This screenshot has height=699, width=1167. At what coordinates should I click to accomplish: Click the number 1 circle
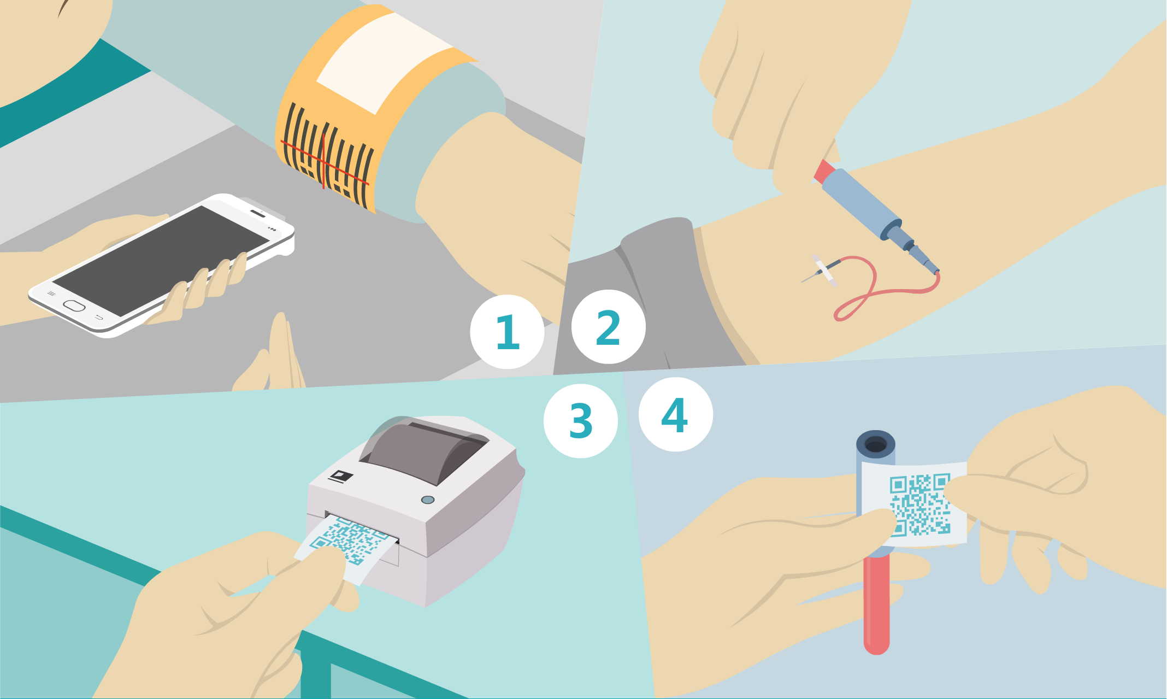point(507,332)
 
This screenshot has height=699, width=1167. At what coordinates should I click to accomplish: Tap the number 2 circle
point(609,327)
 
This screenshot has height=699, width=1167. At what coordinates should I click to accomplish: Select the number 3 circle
point(581,421)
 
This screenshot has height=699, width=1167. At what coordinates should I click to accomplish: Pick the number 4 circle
point(676,414)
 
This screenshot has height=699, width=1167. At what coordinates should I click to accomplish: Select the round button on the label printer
point(428,500)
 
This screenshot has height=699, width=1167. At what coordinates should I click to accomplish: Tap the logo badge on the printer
point(340,476)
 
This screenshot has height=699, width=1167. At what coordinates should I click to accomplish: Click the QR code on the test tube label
point(920,504)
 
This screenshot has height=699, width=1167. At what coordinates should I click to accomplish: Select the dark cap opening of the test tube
point(876,445)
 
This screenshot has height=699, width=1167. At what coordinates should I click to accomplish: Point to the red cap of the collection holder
point(824,171)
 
